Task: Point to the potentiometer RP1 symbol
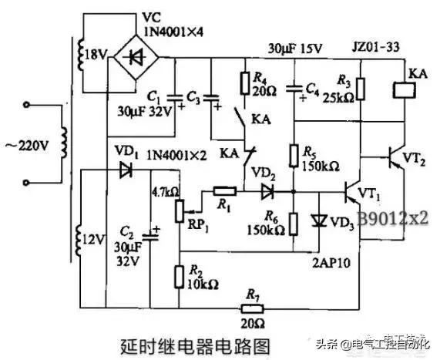[179, 207]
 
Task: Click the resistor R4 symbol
[244, 82]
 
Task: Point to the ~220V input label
[35, 144]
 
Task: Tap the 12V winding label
[90, 240]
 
